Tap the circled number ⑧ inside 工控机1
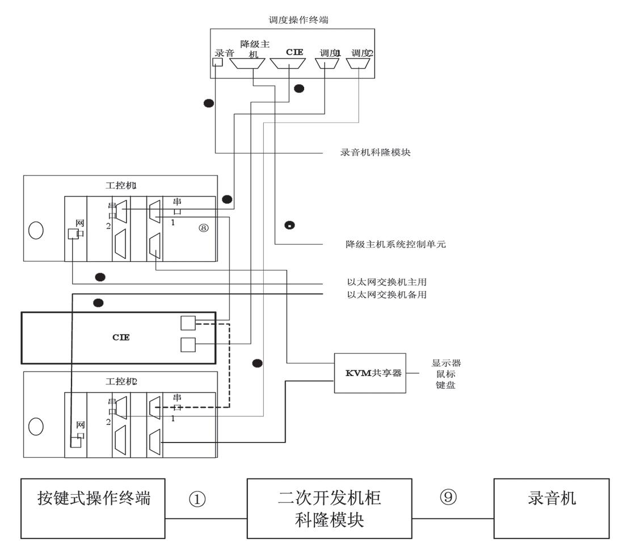tap(204, 228)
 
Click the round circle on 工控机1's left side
tap(36, 233)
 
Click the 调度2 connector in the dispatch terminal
tap(359, 64)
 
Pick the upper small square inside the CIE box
tap(188, 323)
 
